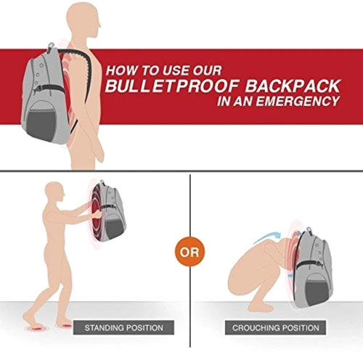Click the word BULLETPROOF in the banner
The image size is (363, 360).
point(172,86)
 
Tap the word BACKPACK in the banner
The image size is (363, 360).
point(293,86)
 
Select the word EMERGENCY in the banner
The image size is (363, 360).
point(298,101)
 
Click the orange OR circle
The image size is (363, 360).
point(190,252)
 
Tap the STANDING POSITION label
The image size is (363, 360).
point(123,327)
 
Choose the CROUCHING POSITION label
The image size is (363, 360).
point(276,327)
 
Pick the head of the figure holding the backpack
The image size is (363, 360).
point(55,193)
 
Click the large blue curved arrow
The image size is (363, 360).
point(266,237)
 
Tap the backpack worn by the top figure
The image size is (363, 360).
point(46,94)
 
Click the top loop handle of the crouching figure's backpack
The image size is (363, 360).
point(309,229)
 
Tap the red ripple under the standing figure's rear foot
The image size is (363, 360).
point(37,329)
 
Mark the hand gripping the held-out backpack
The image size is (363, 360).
point(97,214)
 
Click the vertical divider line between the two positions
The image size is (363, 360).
point(190,261)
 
